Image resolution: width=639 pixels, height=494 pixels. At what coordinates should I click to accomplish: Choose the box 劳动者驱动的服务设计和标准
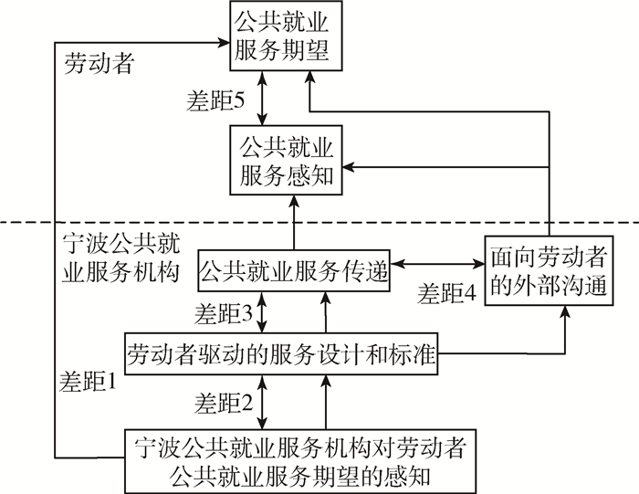click(279, 352)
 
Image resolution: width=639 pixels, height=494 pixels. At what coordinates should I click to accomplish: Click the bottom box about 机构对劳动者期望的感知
click(305, 461)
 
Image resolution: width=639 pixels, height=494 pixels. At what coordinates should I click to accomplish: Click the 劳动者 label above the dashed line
click(100, 64)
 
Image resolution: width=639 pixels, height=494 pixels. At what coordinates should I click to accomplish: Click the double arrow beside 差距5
click(263, 100)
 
